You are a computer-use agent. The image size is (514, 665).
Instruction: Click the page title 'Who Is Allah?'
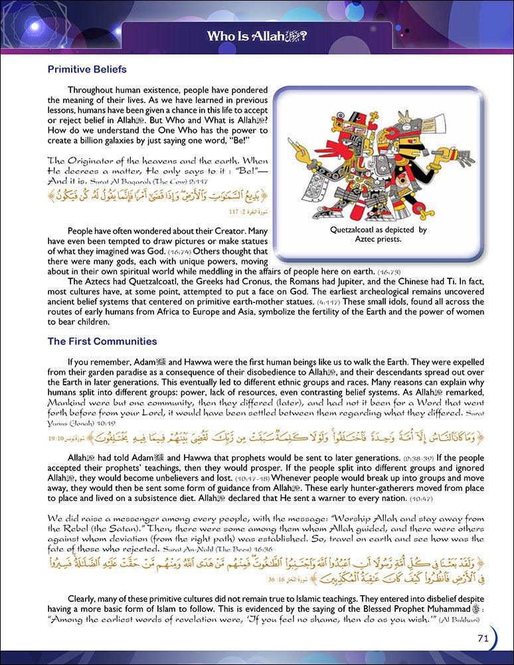[x=256, y=36]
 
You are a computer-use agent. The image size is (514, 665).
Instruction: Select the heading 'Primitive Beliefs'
[x=87, y=69]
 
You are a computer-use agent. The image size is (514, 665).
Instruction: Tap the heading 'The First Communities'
[x=102, y=341]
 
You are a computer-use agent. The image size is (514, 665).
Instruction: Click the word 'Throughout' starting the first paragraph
[x=94, y=90]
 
